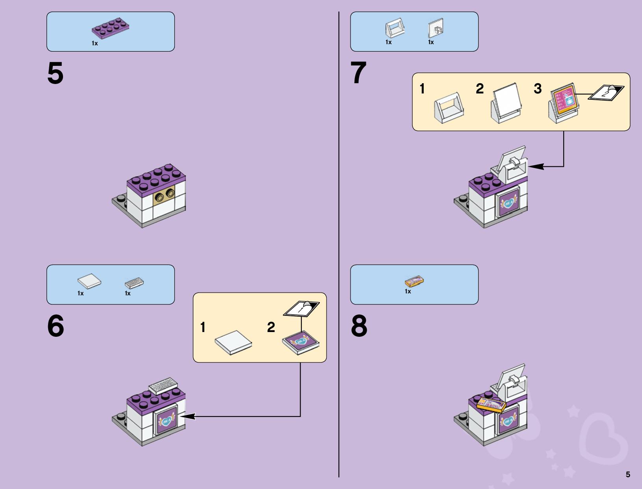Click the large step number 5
coord(55,74)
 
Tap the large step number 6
coord(56,327)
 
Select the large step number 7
coord(358,74)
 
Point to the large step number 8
coord(359,327)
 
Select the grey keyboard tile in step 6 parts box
coord(134,283)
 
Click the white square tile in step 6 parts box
coord(89,281)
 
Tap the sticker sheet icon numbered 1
coord(302,308)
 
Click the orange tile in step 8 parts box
coord(414,281)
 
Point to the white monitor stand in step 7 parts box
coord(395,29)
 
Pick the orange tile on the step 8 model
coord(491,405)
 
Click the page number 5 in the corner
coord(628,474)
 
